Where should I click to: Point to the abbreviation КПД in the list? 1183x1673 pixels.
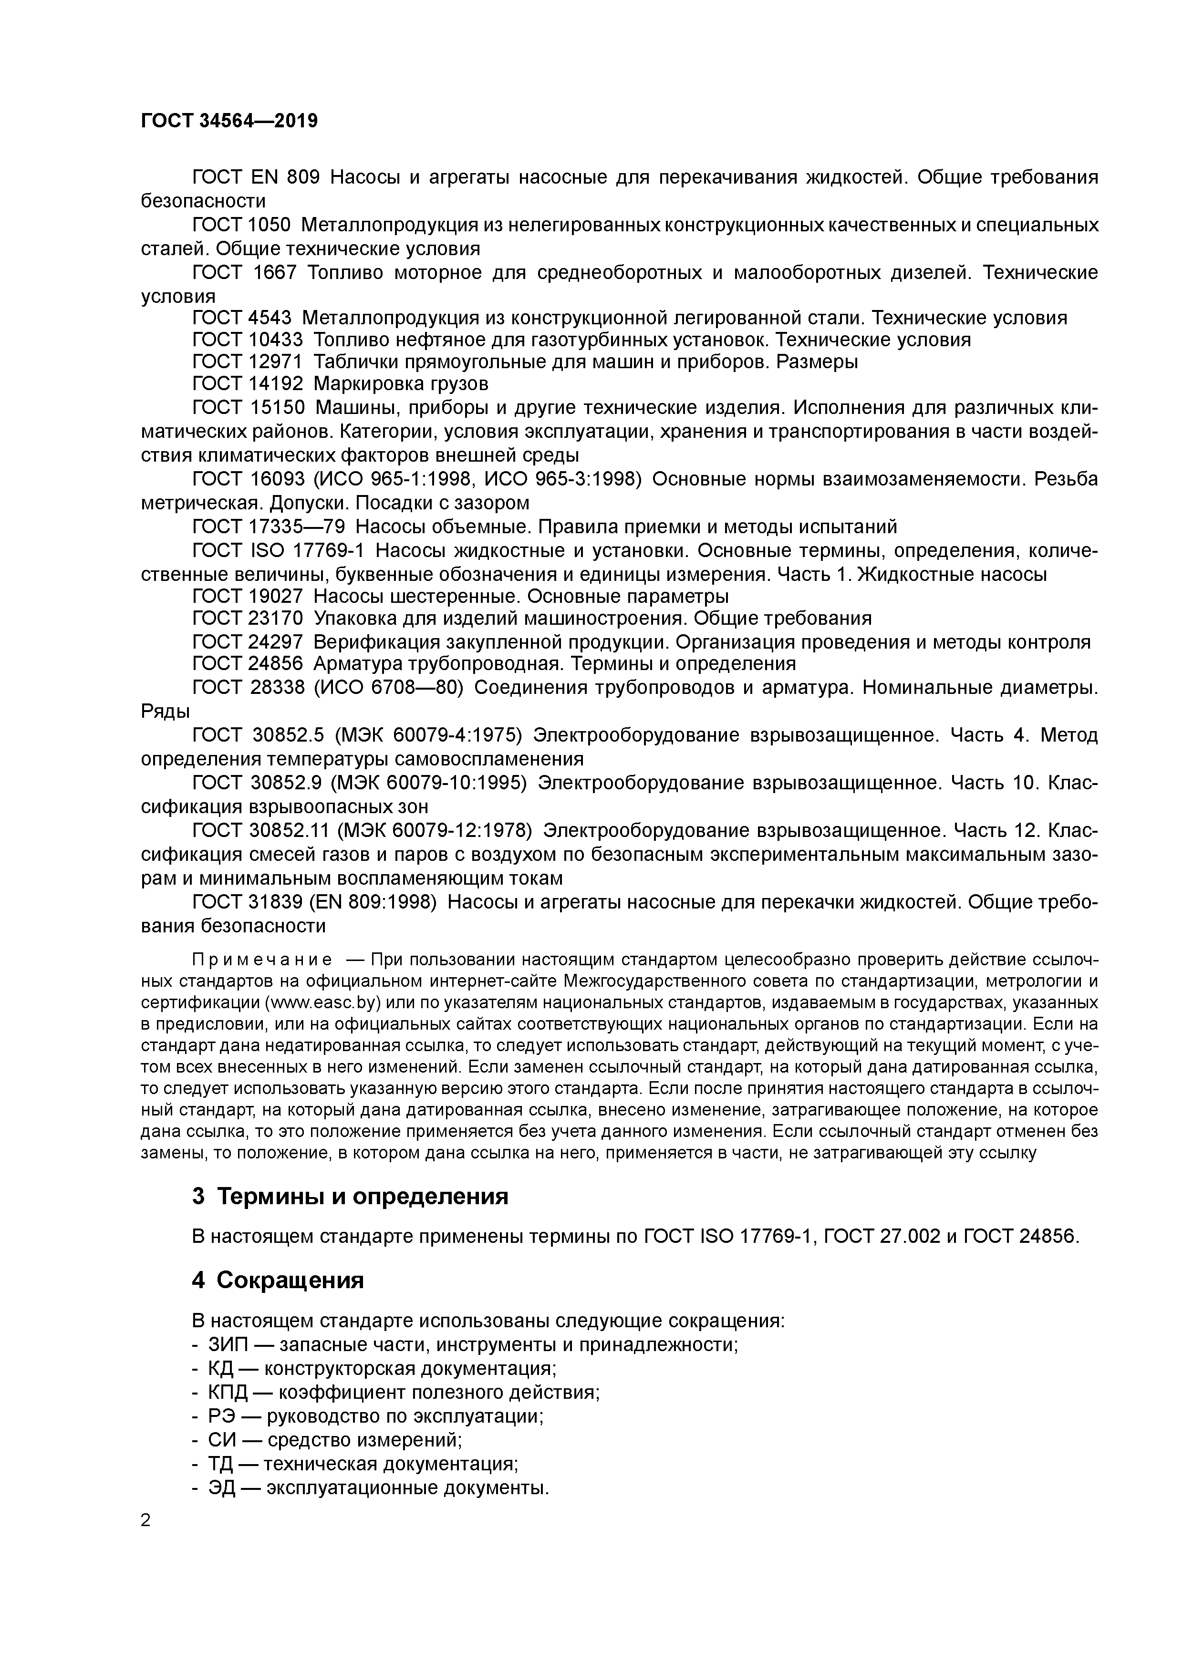coord(228,1393)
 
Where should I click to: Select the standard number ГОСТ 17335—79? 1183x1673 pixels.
coord(268,526)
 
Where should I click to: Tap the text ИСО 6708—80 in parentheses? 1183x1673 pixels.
coord(388,687)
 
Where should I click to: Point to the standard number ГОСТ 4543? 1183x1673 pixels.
coord(241,318)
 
